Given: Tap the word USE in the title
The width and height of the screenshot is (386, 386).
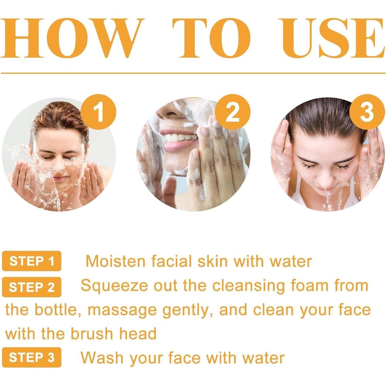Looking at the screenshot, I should tap(332, 38).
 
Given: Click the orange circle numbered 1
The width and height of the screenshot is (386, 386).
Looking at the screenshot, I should tap(99, 112).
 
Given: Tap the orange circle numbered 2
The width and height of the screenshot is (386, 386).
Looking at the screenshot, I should tap(233, 112).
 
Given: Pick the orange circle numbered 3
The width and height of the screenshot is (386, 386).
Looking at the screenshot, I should tap(367, 112).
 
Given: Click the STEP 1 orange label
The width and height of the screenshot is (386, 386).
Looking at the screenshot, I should tap(32, 261).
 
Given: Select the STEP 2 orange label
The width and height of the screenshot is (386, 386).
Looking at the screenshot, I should tap(32, 287).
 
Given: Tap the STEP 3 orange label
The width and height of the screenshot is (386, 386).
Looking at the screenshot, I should tap(32, 357).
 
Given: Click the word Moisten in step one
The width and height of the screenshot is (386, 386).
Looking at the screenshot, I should tap(115, 261).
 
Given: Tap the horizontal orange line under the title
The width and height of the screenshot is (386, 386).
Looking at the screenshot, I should tap(193, 73).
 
